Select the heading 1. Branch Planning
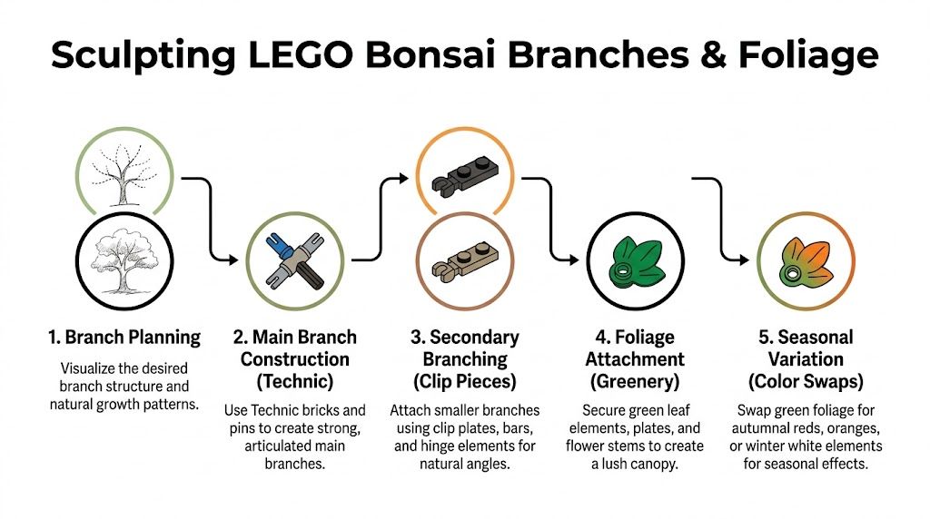124,338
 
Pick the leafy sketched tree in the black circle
125,259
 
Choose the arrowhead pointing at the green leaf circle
574,260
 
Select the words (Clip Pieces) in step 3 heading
464,380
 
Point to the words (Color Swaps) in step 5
806,380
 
